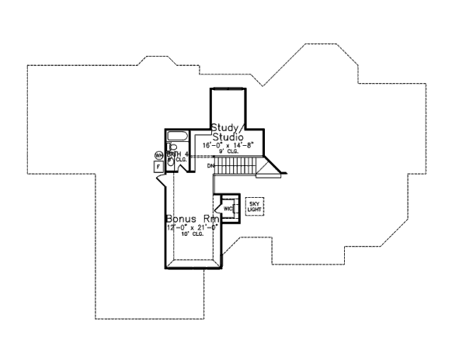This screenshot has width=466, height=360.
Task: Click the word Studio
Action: [x=228, y=137]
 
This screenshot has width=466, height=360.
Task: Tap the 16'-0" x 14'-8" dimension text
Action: [x=231, y=145]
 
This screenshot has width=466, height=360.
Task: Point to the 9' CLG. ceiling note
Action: [x=231, y=152]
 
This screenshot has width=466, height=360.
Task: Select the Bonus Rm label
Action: [x=187, y=219]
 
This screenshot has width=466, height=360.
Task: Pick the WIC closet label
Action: [x=228, y=209]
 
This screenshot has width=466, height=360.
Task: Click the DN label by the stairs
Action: [x=210, y=166]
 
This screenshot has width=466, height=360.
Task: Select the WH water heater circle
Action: [x=158, y=155]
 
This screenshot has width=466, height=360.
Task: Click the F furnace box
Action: [x=158, y=166]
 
